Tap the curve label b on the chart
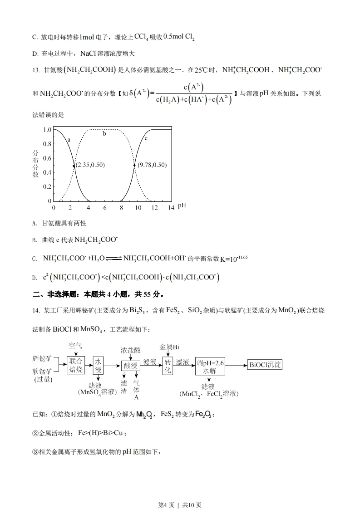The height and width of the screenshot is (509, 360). pyautogui.click(x=104, y=133)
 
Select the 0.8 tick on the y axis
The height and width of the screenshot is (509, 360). pyautogui.click(x=47, y=144)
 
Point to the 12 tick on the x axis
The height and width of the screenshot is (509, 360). pyautogui.click(x=155, y=207)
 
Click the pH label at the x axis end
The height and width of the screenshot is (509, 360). pyautogui.click(x=182, y=206)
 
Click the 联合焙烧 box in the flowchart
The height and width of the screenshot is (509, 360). pyautogui.click(x=76, y=365)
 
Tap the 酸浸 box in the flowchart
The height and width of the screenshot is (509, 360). pyautogui.click(x=130, y=366)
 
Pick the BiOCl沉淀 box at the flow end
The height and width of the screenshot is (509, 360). pyautogui.click(x=266, y=365)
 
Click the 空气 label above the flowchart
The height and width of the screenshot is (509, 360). pyautogui.click(x=75, y=346)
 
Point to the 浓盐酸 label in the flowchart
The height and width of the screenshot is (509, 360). pyautogui.click(x=131, y=350)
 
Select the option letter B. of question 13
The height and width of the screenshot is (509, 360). pyautogui.click(x=35, y=240)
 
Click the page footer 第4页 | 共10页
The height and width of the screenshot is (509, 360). pyautogui.click(x=180, y=492)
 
